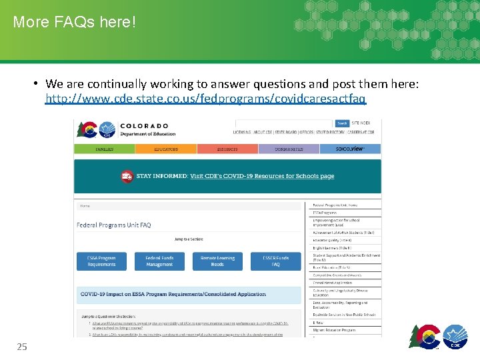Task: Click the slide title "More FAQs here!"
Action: point(74,23)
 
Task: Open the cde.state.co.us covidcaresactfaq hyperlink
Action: point(205,99)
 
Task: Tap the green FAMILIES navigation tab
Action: point(104,149)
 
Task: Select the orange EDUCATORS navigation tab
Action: point(166,149)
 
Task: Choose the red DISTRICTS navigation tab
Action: point(227,149)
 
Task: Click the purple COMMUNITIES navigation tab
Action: point(289,149)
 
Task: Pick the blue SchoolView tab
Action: point(350,149)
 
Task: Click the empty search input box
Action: point(284,123)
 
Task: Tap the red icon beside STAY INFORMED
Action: point(127,177)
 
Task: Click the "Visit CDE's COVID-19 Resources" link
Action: point(262,177)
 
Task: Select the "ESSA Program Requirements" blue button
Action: point(101,261)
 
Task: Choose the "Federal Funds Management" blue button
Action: point(160,261)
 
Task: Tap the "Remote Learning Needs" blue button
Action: point(217,261)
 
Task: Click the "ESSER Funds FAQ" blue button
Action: point(275,261)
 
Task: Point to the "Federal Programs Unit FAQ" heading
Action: point(114,225)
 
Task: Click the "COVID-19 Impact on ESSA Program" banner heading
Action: point(173,294)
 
